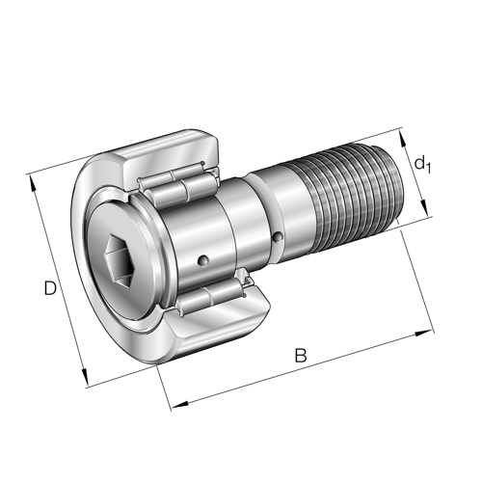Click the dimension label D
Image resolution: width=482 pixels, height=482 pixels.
click(50, 288)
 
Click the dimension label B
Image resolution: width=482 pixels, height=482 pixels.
click(301, 356)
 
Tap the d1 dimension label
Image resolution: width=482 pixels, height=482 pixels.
click(422, 165)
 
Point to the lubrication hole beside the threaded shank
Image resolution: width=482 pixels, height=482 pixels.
click(278, 237)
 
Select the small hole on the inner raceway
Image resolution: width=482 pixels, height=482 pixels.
click(203, 259)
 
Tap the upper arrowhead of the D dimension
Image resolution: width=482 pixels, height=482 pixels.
click(32, 182)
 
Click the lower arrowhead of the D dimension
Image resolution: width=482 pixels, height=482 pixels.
click(85, 378)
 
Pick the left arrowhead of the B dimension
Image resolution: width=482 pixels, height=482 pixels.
click(179, 405)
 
